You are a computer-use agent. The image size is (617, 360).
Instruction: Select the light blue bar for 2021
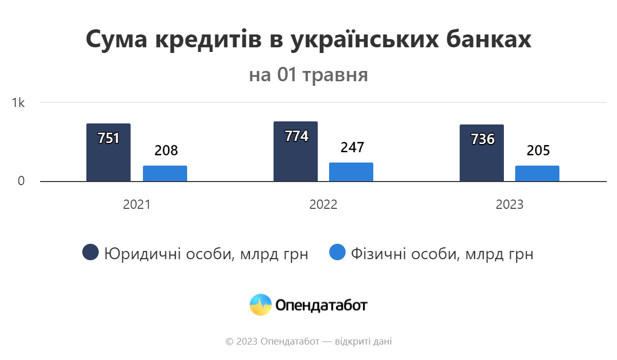(x=165, y=173)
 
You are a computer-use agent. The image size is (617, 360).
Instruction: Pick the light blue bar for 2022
(x=351, y=172)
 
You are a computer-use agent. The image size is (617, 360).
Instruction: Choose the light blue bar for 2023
(x=537, y=173)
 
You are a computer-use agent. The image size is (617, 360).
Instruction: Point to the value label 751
(x=108, y=138)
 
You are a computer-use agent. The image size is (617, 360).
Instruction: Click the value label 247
(x=352, y=148)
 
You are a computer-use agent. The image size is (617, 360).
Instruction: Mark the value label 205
(x=538, y=151)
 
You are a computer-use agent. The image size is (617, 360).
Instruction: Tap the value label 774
(x=296, y=136)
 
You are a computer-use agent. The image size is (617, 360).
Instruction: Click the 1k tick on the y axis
(x=19, y=103)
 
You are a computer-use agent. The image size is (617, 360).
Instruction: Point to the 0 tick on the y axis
(x=21, y=182)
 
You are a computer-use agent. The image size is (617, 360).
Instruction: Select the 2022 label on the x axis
(x=323, y=205)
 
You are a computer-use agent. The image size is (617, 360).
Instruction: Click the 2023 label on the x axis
(x=510, y=205)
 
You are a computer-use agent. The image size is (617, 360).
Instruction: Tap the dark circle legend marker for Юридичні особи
(x=90, y=253)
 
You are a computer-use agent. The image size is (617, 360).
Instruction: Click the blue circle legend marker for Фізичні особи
(x=337, y=253)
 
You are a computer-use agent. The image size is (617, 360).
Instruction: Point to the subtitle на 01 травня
(x=308, y=75)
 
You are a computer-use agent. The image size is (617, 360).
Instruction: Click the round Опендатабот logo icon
(x=261, y=305)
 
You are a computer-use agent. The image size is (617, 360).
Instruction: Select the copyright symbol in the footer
(x=229, y=341)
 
